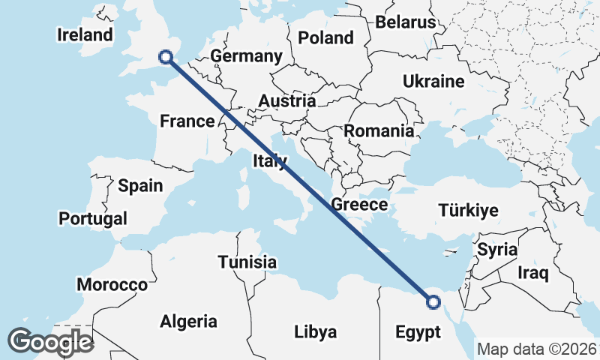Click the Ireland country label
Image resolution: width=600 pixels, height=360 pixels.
pos(85,34)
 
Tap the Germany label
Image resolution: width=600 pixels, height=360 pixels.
pos(246,56)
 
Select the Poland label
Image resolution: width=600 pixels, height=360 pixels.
pos(325,37)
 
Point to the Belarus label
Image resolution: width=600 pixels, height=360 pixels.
pos(406,22)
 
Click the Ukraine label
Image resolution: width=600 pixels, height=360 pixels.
pos(433,81)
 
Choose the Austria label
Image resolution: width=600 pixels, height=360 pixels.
pos(287,100)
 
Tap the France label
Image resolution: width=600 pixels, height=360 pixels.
pos(187,121)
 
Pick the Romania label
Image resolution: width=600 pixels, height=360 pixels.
pos(379,130)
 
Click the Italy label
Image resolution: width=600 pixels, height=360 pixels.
pos(269,160)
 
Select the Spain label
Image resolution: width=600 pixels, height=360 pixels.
pos(140,185)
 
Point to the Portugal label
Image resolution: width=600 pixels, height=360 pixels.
pos(93,219)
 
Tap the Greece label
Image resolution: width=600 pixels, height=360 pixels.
pos(359,205)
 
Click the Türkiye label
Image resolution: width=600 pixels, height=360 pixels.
pos(468,210)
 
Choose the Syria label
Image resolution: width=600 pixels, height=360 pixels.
pos(497,248)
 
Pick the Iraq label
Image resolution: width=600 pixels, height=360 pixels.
pos(533,272)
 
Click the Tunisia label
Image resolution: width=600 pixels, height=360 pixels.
pos(247,262)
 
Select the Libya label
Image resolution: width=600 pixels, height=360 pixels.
pos(315,331)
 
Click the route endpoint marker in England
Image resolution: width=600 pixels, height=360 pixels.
pos(166,56)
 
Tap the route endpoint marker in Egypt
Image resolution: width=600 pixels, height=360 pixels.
pos(433,302)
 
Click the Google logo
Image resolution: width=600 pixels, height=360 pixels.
pos(50,342)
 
